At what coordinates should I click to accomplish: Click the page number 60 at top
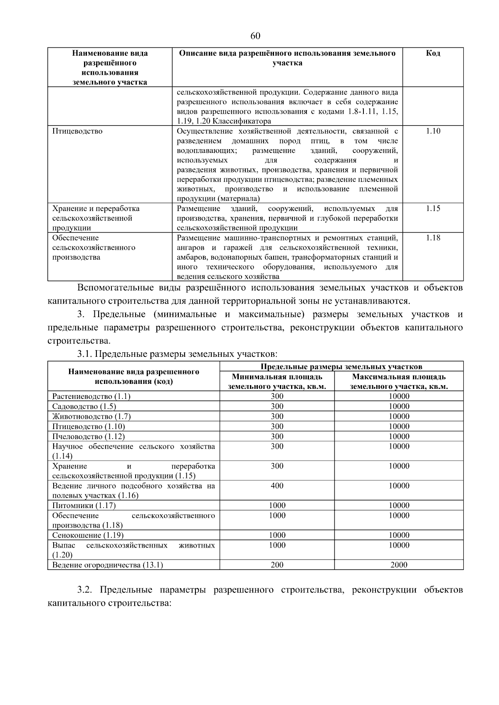[x=255, y=36]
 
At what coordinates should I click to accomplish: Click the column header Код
[x=433, y=53]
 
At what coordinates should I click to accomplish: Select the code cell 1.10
[x=433, y=131]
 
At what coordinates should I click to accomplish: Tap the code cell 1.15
[x=433, y=209]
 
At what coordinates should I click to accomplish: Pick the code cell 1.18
[x=433, y=238]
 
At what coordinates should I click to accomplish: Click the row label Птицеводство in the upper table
[x=77, y=131]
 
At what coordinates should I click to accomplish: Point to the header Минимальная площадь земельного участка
[x=277, y=381]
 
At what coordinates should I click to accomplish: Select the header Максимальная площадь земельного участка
[x=399, y=381]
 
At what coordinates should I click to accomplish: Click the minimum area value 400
[x=277, y=486]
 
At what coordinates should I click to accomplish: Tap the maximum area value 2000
[x=399, y=565]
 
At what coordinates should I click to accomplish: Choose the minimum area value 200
[x=277, y=565]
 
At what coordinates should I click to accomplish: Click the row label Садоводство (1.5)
[x=84, y=406]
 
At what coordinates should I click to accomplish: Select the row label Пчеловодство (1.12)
[x=89, y=436]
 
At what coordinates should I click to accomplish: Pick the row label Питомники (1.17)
[x=84, y=506]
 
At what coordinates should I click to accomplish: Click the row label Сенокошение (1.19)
[x=88, y=535]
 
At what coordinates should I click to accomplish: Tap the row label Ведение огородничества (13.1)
[x=108, y=565]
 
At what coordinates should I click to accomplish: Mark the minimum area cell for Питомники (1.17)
[x=277, y=506]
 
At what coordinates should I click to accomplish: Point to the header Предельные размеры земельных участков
[x=341, y=366]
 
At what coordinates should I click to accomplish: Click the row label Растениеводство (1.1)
[x=91, y=396]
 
